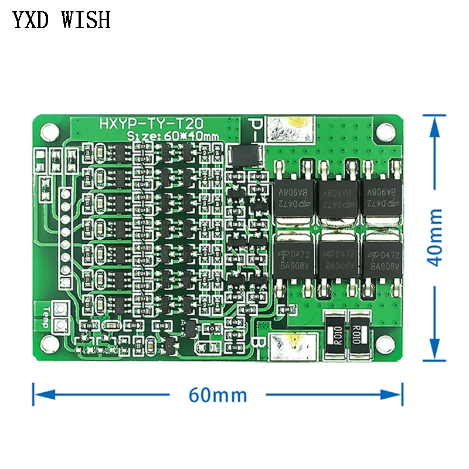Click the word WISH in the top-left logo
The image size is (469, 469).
click(x=84, y=20)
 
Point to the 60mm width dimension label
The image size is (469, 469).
click(x=218, y=395)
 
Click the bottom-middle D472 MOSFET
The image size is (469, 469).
click(x=337, y=259)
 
